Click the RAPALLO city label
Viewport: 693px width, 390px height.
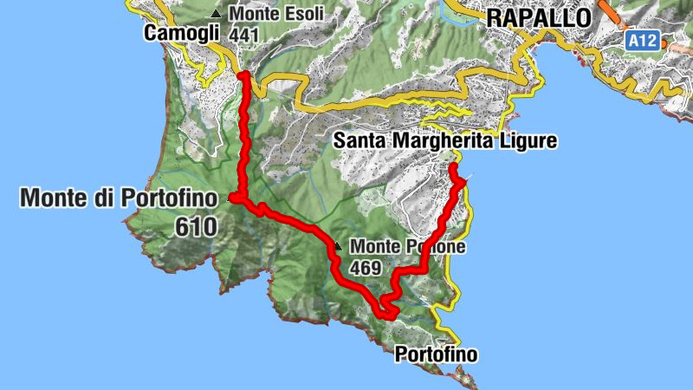coord(538,16)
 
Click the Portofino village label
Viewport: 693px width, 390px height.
coord(436,354)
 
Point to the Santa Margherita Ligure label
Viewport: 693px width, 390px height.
coord(444,140)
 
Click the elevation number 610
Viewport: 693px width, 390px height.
coord(195,227)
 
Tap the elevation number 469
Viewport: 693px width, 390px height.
coord(366,269)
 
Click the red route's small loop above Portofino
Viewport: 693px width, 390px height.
coord(388,308)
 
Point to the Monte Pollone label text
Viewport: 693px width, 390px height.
coord(408,247)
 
